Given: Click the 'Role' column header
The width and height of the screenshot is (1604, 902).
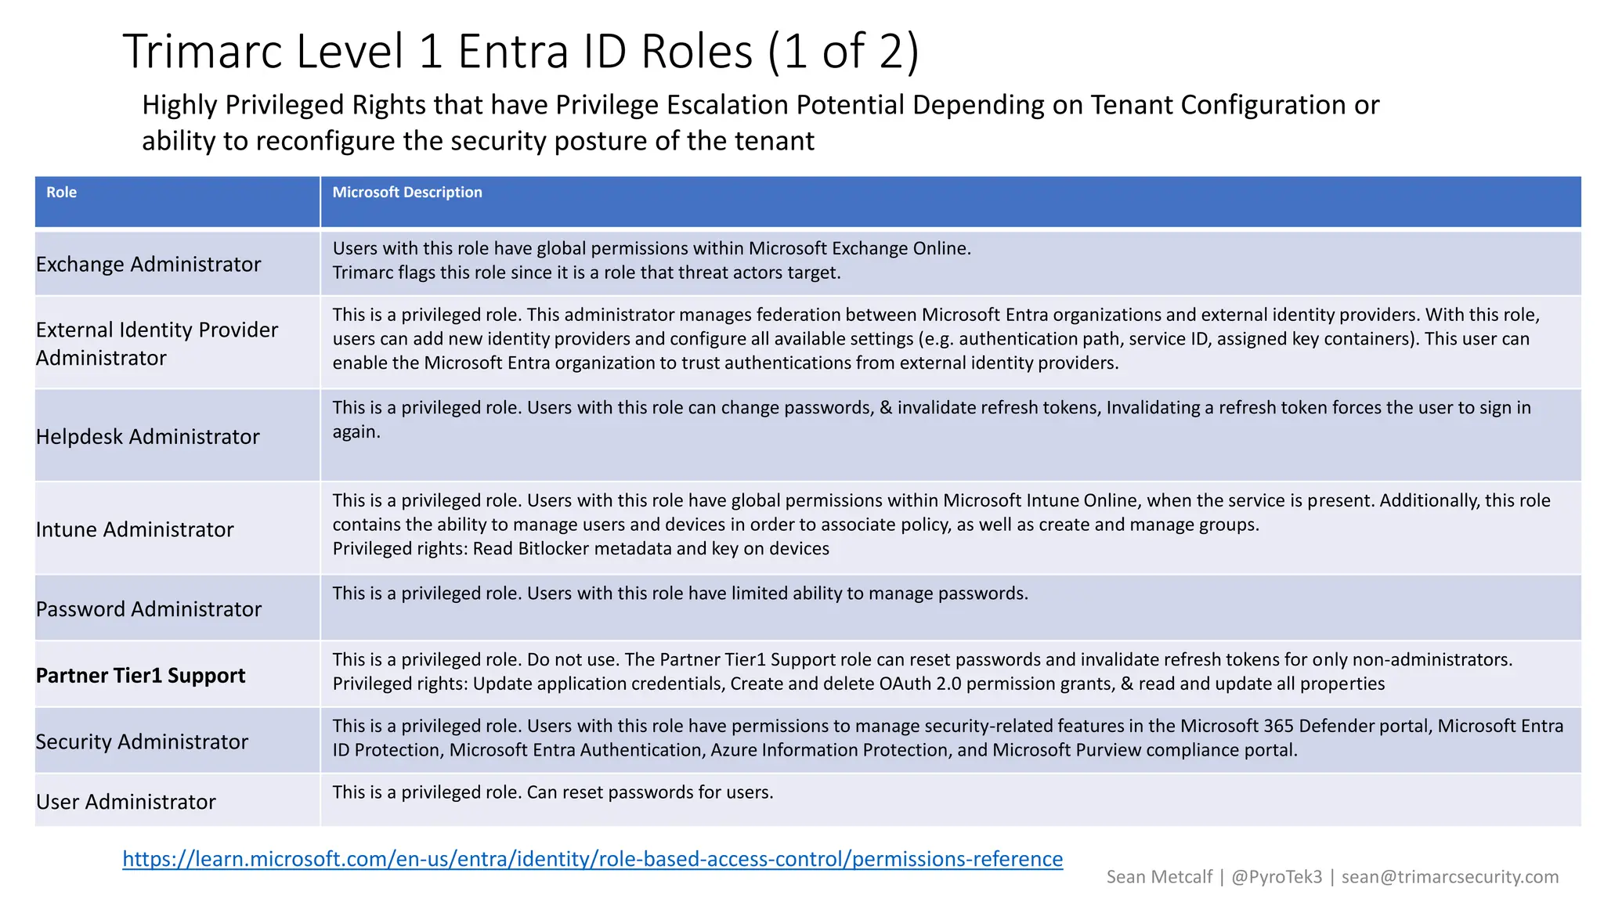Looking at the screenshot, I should click(x=61, y=193).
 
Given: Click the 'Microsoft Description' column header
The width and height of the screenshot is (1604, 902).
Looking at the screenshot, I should click(x=407, y=193).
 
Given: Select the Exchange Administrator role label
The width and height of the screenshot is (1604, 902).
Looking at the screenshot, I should click(x=148, y=265).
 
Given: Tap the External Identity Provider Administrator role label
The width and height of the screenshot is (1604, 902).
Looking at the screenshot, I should click(x=157, y=344).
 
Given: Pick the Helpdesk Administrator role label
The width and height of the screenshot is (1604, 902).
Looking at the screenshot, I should click(x=147, y=437).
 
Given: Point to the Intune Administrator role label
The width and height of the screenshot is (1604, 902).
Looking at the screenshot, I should click(x=135, y=530).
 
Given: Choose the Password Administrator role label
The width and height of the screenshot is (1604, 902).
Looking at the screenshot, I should click(x=149, y=609).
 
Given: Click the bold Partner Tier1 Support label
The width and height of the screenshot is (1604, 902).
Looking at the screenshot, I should click(x=141, y=676).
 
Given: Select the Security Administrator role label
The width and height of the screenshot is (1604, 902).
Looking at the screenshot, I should click(x=142, y=741).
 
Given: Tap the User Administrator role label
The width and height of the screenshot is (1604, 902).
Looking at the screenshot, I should click(x=126, y=802).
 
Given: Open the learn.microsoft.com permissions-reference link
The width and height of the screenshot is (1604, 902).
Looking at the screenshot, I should click(x=593, y=859).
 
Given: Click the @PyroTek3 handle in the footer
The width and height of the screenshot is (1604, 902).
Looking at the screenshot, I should click(x=1277, y=877).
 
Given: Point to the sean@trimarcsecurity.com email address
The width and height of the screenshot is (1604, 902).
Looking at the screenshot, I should click(x=1450, y=877).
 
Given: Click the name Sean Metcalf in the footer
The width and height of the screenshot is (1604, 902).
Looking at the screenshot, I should click(x=1159, y=877).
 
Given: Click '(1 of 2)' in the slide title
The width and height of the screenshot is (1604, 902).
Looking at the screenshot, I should click(x=844, y=52).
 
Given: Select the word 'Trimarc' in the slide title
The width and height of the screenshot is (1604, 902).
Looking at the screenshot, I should click(x=204, y=52).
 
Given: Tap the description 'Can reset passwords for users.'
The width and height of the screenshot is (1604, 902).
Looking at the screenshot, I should click(x=650, y=792).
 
